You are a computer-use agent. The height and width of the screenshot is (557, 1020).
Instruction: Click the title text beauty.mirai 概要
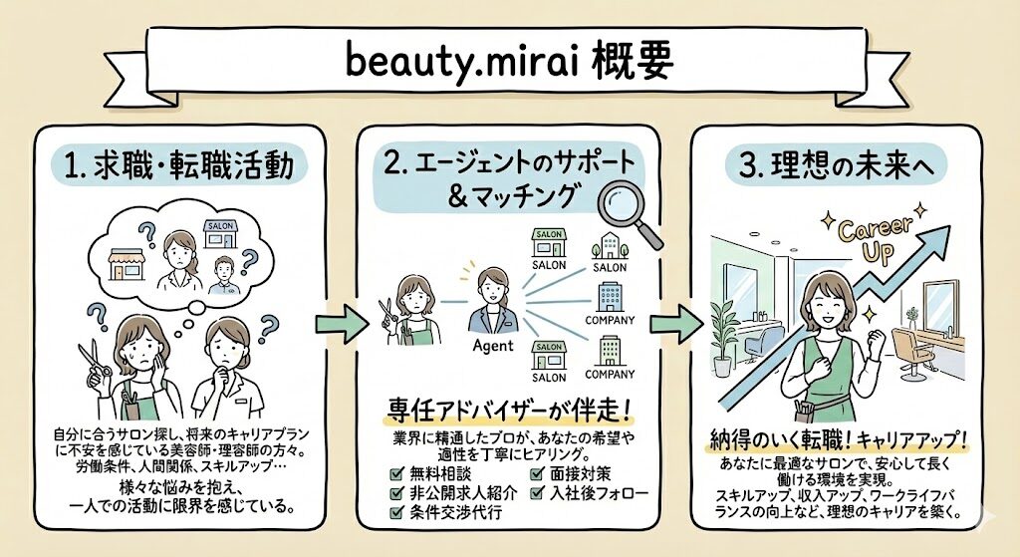pos(509,62)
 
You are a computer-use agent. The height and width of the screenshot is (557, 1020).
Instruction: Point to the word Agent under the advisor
pos(493,346)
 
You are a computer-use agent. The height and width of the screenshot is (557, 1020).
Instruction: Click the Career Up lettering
pos(876,238)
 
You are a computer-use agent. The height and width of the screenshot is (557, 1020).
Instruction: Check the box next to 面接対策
pos(537,473)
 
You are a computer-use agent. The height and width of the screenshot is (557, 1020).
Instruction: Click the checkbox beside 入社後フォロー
pos(537,492)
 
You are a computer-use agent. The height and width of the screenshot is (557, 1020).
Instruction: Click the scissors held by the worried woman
pos(95,361)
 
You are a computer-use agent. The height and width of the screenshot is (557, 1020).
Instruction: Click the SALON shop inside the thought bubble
pos(221,234)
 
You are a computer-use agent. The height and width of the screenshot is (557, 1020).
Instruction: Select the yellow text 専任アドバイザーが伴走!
pos(509,412)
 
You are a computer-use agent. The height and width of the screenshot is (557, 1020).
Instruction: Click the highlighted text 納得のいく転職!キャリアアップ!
pos(837,440)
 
